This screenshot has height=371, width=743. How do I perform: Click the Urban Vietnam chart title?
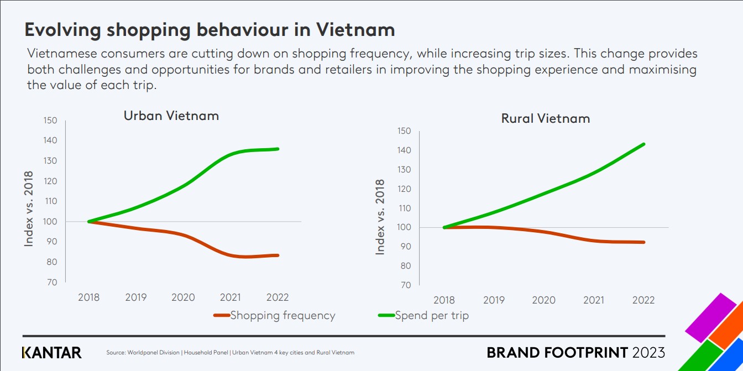(x=171, y=116)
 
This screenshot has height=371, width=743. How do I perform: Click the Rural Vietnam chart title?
(x=545, y=118)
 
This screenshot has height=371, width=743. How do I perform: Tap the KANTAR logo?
(x=51, y=352)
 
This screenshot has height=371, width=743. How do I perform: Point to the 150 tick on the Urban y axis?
(x=50, y=121)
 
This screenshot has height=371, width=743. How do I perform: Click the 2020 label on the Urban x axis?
(x=183, y=297)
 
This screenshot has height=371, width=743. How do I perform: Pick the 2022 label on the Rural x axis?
(x=643, y=300)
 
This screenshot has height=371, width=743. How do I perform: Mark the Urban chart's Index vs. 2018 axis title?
(x=29, y=208)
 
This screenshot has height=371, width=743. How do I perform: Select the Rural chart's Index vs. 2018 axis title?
(x=380, y=217)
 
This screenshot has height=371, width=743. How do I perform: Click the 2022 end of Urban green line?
(x=278, y=149)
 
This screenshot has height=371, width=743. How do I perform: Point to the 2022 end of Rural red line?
(x=644, y=242)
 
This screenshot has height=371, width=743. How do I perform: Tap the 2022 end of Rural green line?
(x=644, y=144)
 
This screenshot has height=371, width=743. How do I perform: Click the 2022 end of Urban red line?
(x=278, y=255)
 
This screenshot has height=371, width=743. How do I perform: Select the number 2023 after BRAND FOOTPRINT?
(x=648, y=352)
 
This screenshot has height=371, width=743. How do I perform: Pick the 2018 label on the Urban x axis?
(x=88, y=297)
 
